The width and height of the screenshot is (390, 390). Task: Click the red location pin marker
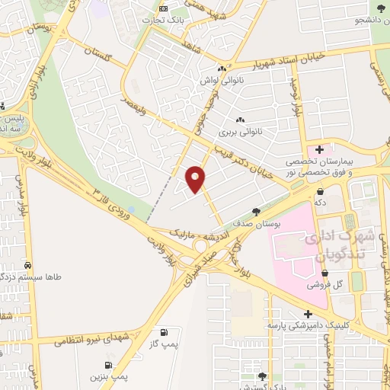click(x=197, y=178)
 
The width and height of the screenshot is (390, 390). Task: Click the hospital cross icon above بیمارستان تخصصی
click(x=319, y=149)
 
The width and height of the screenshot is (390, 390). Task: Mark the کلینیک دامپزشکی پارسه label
click(x=304, y=325)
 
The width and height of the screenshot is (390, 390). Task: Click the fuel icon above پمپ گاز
click(x=164, y=332)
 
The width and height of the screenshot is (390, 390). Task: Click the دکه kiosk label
click(x=321, y=203)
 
